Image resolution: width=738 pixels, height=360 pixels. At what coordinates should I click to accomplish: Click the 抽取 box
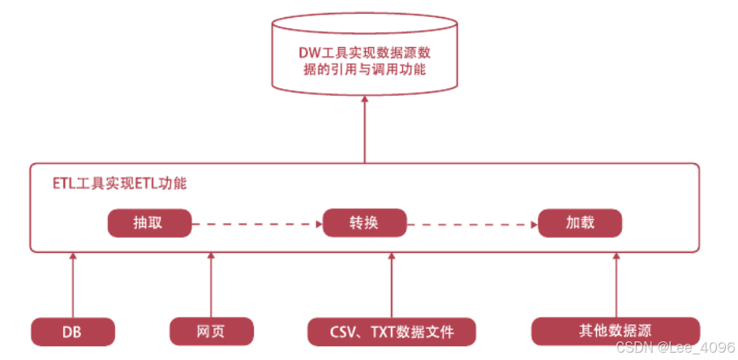pos(149,223)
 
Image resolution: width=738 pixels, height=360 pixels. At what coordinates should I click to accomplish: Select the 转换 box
pos(364,223)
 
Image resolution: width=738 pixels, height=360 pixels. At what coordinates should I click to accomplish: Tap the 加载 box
pos(579,223)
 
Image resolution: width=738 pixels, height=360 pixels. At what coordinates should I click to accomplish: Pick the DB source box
pos(72,331)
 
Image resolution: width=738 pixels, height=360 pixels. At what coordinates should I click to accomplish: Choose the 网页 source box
pos(211,331)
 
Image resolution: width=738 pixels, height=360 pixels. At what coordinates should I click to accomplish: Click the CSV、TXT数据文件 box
pos(392,331)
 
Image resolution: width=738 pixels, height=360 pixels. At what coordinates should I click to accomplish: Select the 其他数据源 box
pos(616,331)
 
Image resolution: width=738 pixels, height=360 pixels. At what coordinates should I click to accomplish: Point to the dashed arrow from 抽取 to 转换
pos(256,223)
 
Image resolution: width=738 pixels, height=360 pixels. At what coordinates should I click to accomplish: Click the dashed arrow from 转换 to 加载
pos(472,223)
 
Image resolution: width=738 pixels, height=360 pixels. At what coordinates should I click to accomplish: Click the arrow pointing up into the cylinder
pos(365,130)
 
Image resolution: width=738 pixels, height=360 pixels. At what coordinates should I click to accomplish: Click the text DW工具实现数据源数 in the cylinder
pos(365,54)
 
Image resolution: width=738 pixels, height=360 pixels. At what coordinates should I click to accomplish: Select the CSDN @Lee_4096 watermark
pos(675,347)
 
